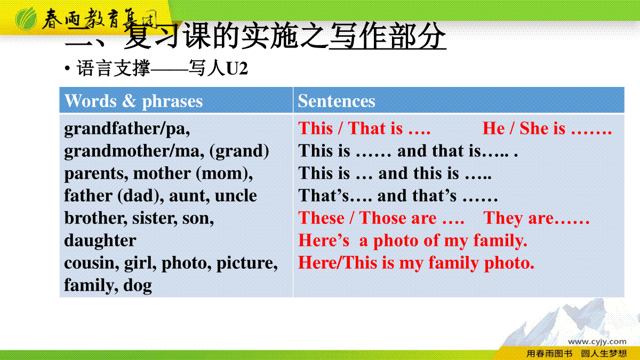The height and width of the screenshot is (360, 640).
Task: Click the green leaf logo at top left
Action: click(x=26, y=19)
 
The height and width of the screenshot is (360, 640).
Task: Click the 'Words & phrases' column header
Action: click(x=134, y=101)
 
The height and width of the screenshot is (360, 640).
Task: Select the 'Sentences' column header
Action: click(x=337, y=101)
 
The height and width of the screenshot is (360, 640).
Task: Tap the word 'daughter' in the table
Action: click(x=100, y=241)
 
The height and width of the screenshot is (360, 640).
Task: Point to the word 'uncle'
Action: click(x=236, y=196)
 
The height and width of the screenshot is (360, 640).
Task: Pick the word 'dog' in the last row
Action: click(x=138, y=285)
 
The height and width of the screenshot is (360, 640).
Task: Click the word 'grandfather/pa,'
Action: click(x=127, y=129)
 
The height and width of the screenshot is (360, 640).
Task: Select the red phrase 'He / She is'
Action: click(x=524, y=128)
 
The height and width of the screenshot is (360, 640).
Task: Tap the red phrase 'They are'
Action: click(x=518, y=218)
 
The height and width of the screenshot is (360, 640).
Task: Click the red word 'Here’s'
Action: click(x=324, y=241)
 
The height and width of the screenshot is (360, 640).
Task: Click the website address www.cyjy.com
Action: click(x=597, y=342)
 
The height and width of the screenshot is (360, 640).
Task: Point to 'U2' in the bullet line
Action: click(x=237, y=69)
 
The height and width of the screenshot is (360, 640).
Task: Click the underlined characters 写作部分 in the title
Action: click(x=388, y=36)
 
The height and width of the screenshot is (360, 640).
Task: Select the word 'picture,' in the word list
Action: click(x=247, y=263)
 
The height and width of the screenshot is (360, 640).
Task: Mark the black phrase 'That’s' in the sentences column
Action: click(x=324, y=195)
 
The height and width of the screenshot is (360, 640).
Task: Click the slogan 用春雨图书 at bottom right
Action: click(x=549, y=354)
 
